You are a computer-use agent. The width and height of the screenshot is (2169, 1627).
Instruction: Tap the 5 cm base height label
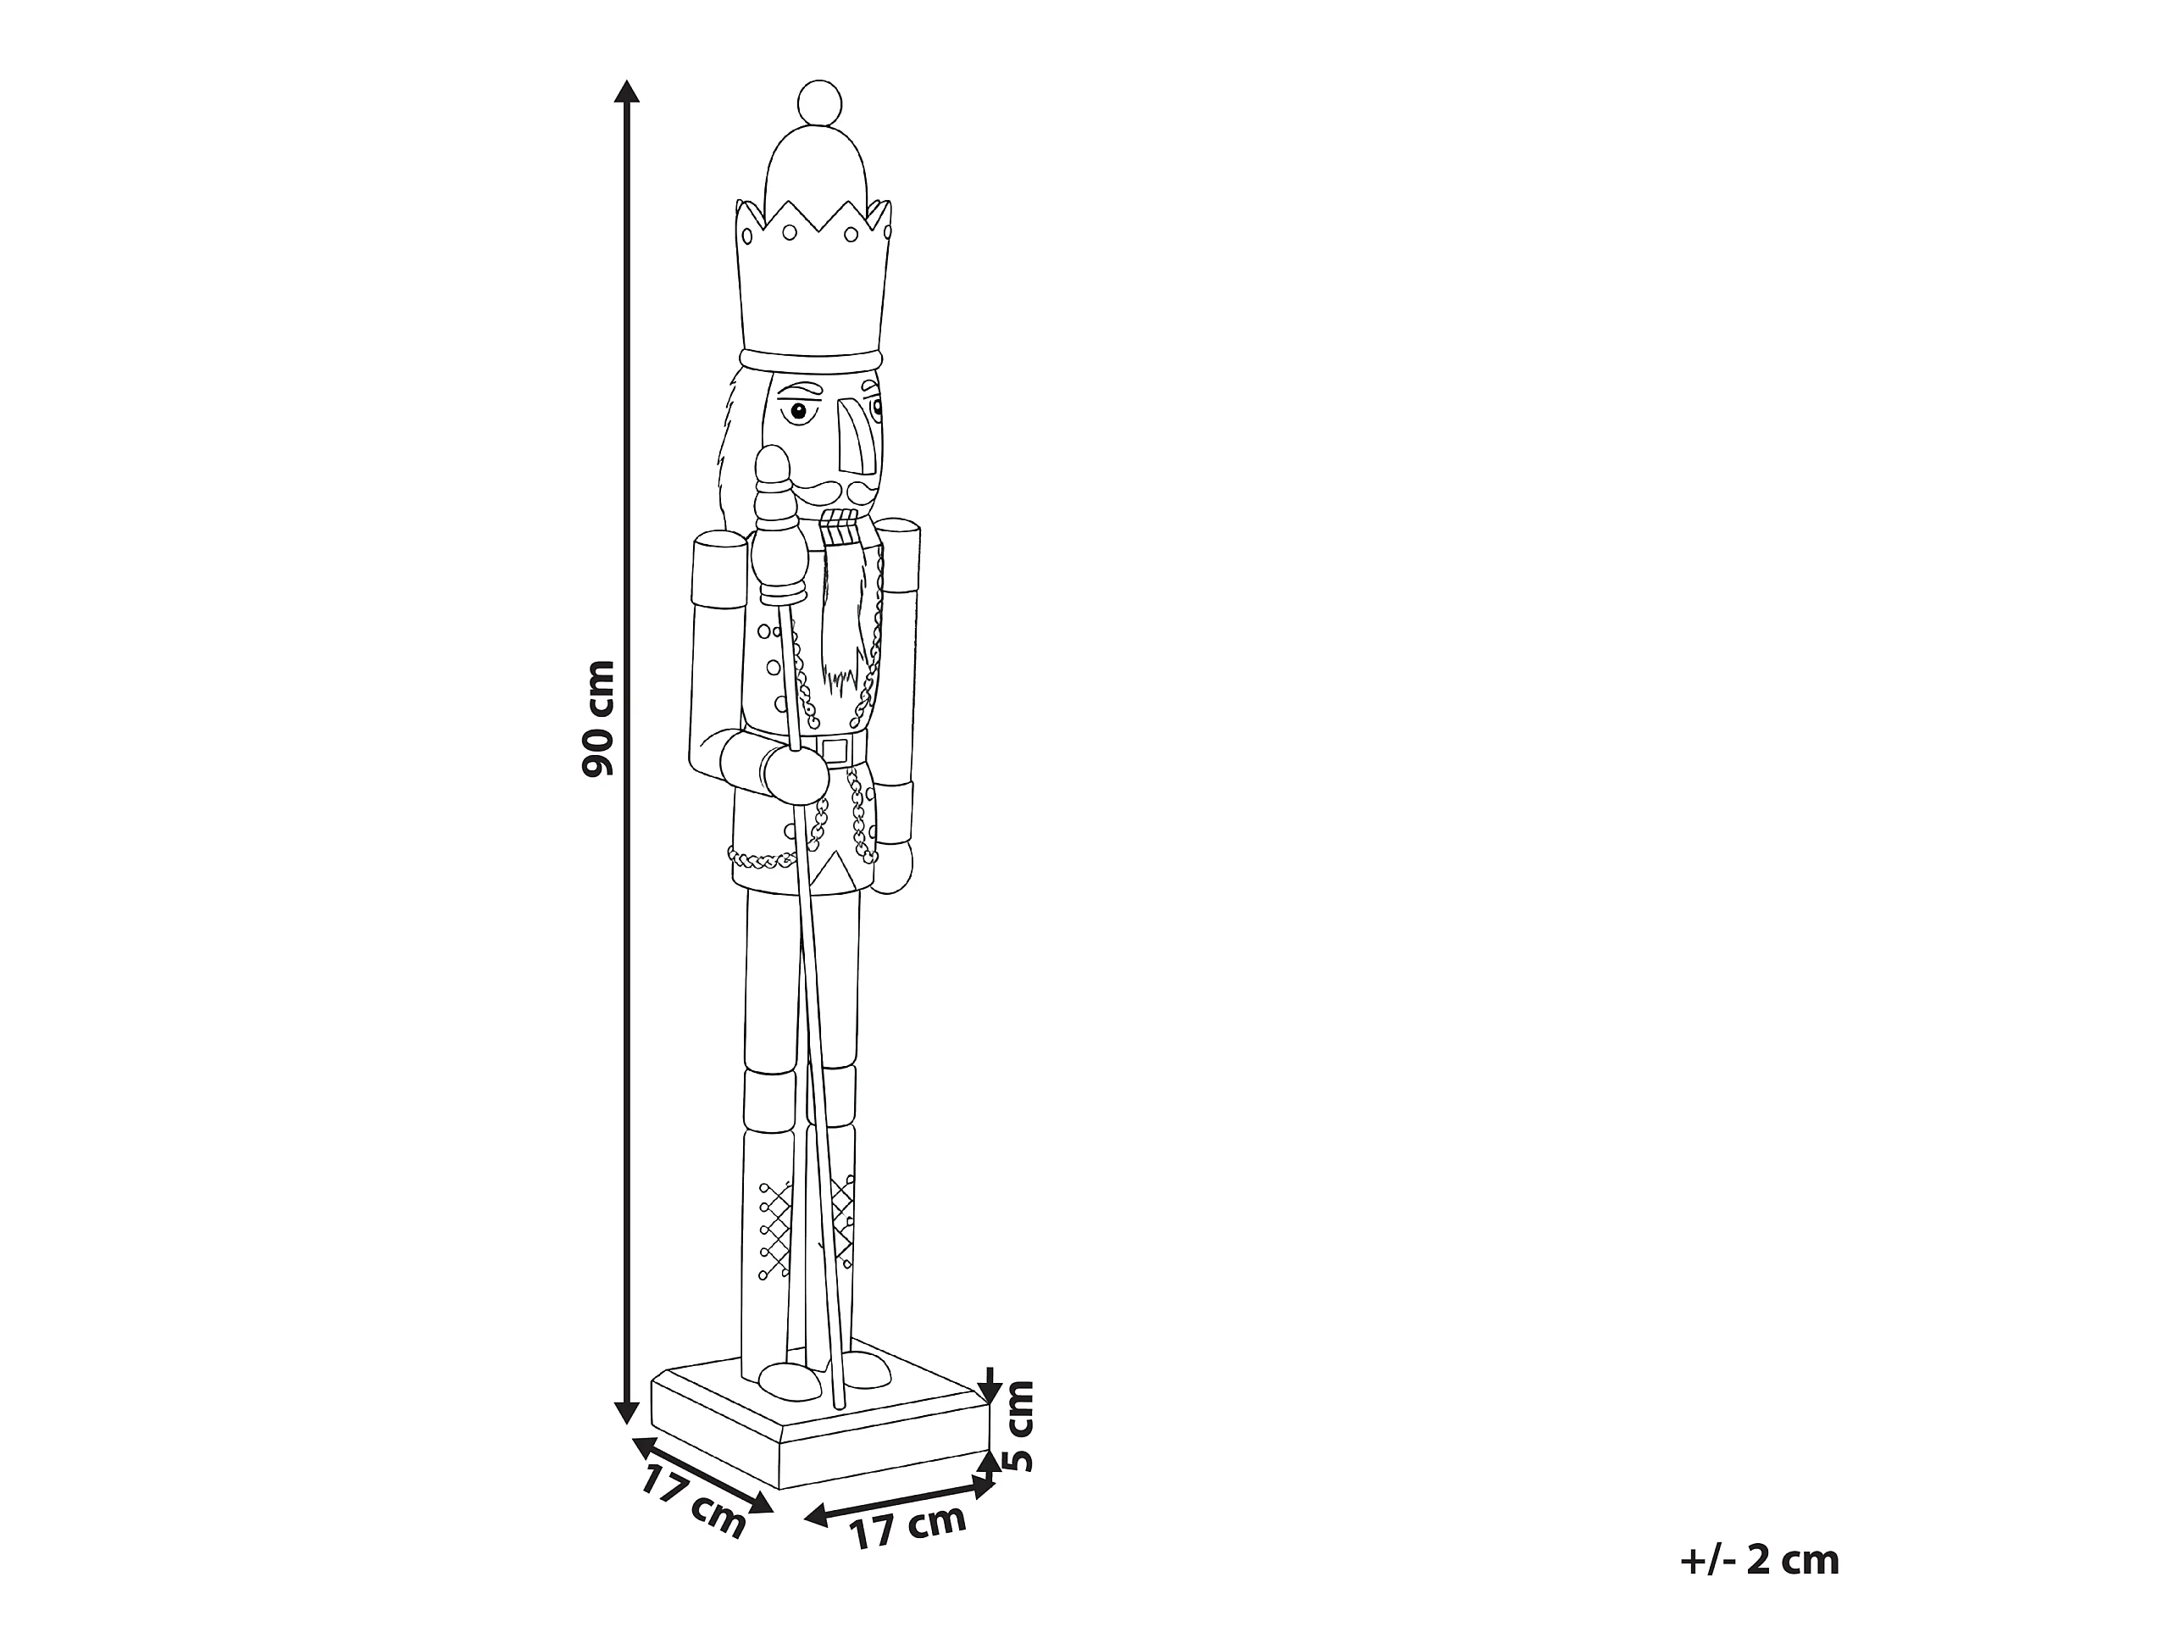click(1021, 1438)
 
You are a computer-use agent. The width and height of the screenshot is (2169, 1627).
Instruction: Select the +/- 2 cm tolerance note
click(1760, 1559)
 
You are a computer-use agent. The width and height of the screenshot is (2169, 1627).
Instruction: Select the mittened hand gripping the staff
click(793, 773)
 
